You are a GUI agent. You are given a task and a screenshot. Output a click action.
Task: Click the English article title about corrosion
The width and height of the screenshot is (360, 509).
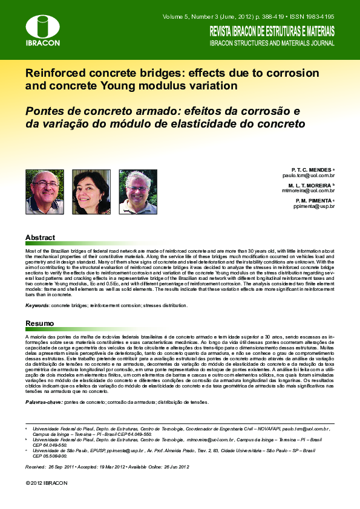(172, 79)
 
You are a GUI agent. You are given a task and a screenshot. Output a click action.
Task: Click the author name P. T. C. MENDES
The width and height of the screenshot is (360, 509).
(311, 169)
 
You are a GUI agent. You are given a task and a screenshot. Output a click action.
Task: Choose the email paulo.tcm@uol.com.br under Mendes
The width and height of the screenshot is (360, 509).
(309, 175)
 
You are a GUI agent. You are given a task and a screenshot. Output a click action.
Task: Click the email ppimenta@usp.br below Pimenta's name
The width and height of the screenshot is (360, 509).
(314, 206)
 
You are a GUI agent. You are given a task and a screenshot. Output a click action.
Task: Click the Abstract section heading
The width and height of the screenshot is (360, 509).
(40, 238)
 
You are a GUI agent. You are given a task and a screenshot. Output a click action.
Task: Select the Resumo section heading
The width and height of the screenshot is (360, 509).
(40, 323)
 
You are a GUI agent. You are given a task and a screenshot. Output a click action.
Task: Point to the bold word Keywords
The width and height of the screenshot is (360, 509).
(37, 306)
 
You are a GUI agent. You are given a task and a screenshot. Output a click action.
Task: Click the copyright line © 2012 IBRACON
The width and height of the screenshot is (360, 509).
(47, 483)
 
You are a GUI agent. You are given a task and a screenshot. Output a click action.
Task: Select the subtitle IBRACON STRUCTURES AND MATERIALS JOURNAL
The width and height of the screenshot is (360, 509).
(272, 44)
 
